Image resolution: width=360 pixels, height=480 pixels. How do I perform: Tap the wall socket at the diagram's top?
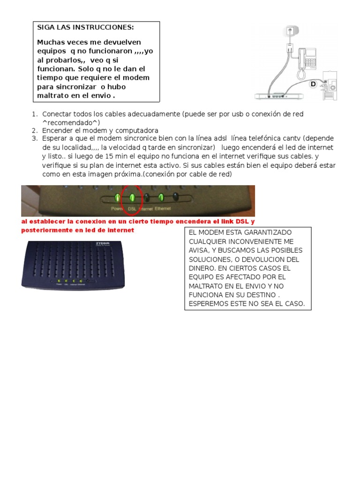click(x=290, y=31)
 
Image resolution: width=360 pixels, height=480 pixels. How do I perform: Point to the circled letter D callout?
click(x=313, y=84)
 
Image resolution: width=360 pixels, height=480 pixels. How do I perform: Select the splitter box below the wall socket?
click(x=289, y=48)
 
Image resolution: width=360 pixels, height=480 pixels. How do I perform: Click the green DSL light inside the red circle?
click(x=132, y=197)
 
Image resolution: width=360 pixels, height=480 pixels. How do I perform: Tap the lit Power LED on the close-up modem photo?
click(x=117, y=197)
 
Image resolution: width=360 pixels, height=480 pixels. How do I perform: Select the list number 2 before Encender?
click(x=35, y=130)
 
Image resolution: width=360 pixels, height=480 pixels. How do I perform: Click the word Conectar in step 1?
click(x=57, y=114)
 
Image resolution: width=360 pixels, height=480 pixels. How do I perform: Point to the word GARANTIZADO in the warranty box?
click(x=268, y=232)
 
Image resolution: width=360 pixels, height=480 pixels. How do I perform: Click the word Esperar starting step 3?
click(x=55, y=139)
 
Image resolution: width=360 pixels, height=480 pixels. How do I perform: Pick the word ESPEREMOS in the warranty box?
click(x=208, y=304)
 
